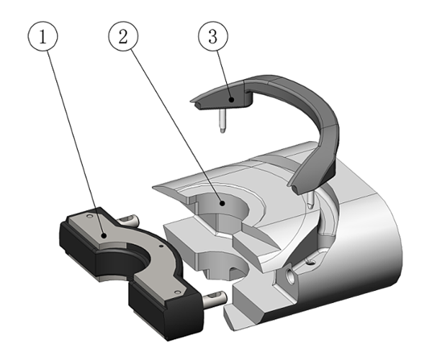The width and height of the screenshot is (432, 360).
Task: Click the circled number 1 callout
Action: coord(42,37)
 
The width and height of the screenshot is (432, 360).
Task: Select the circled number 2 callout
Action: coord(123,37)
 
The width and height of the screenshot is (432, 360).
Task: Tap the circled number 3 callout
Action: coord(213,37)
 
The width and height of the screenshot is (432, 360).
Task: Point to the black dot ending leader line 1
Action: coord(104,235)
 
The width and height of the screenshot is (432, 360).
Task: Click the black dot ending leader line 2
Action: coord(222,204)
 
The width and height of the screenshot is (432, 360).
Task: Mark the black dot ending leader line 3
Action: coord(233,99)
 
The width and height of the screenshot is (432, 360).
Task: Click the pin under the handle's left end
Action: coord(222,120)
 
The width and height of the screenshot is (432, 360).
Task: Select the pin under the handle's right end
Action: coord(310,200)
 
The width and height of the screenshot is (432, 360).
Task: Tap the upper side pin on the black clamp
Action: coord(128,219)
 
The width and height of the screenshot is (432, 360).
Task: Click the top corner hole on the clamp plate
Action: coord(89,217)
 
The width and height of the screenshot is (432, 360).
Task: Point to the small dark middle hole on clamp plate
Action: coord(161,246)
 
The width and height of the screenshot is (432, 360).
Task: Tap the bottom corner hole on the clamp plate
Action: coord(178,292)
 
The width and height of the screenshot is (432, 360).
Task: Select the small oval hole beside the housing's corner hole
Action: coord(310,263)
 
